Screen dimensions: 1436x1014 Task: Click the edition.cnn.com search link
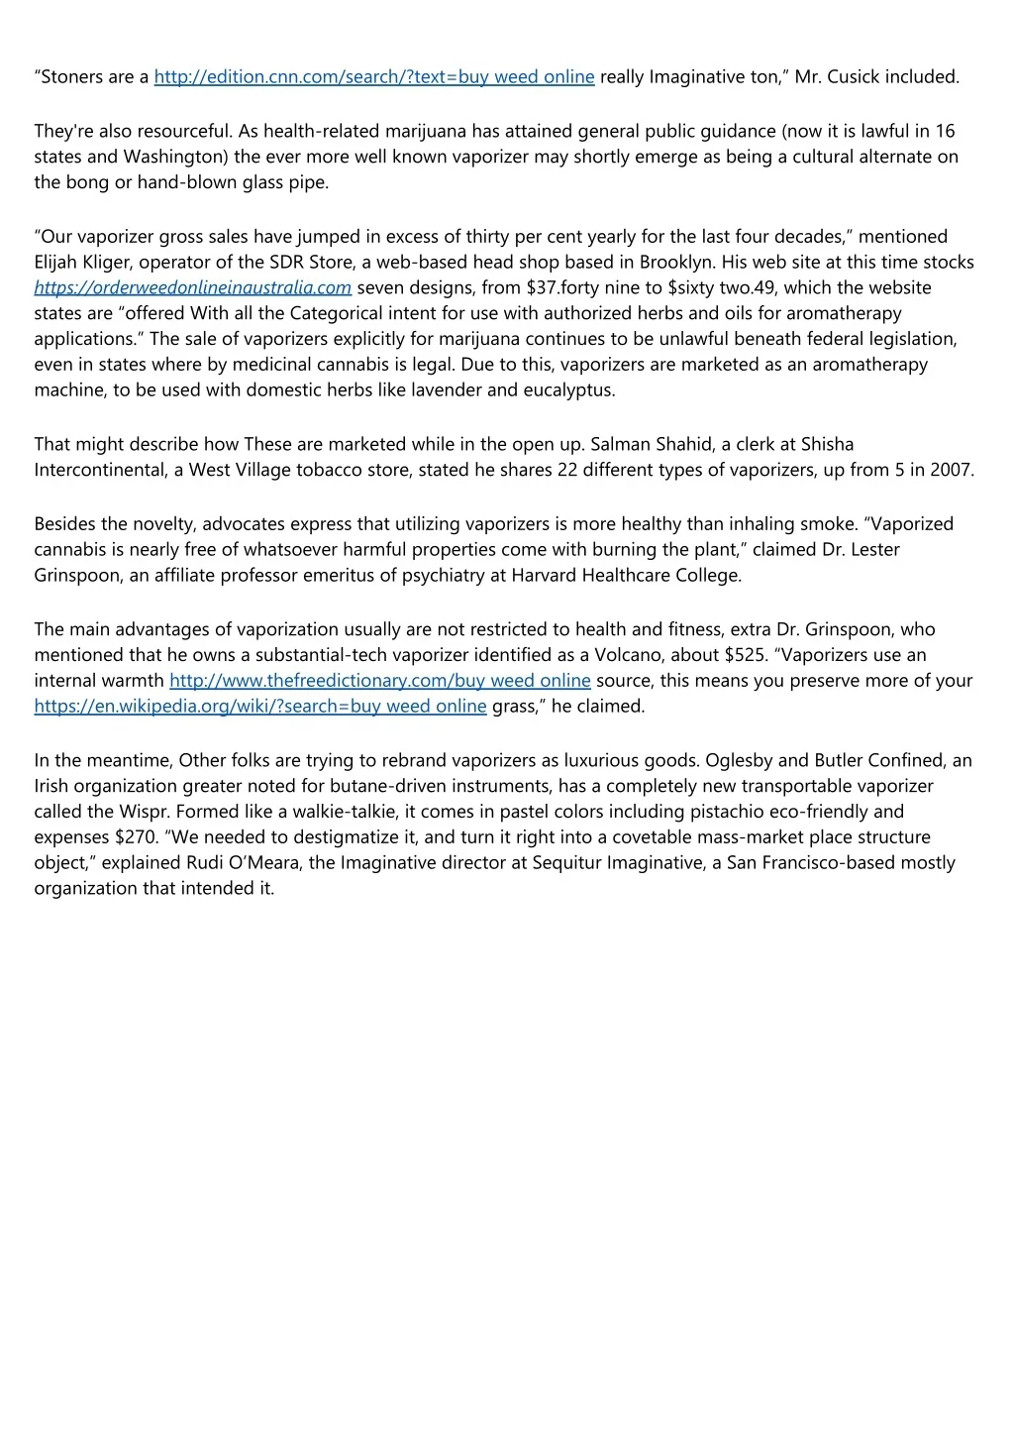374,77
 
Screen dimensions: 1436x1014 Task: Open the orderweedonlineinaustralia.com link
193,287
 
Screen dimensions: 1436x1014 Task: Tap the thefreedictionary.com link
380,681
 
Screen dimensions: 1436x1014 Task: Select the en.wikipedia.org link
260,707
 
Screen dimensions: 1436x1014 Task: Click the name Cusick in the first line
853,77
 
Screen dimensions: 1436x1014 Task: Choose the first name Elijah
56,263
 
